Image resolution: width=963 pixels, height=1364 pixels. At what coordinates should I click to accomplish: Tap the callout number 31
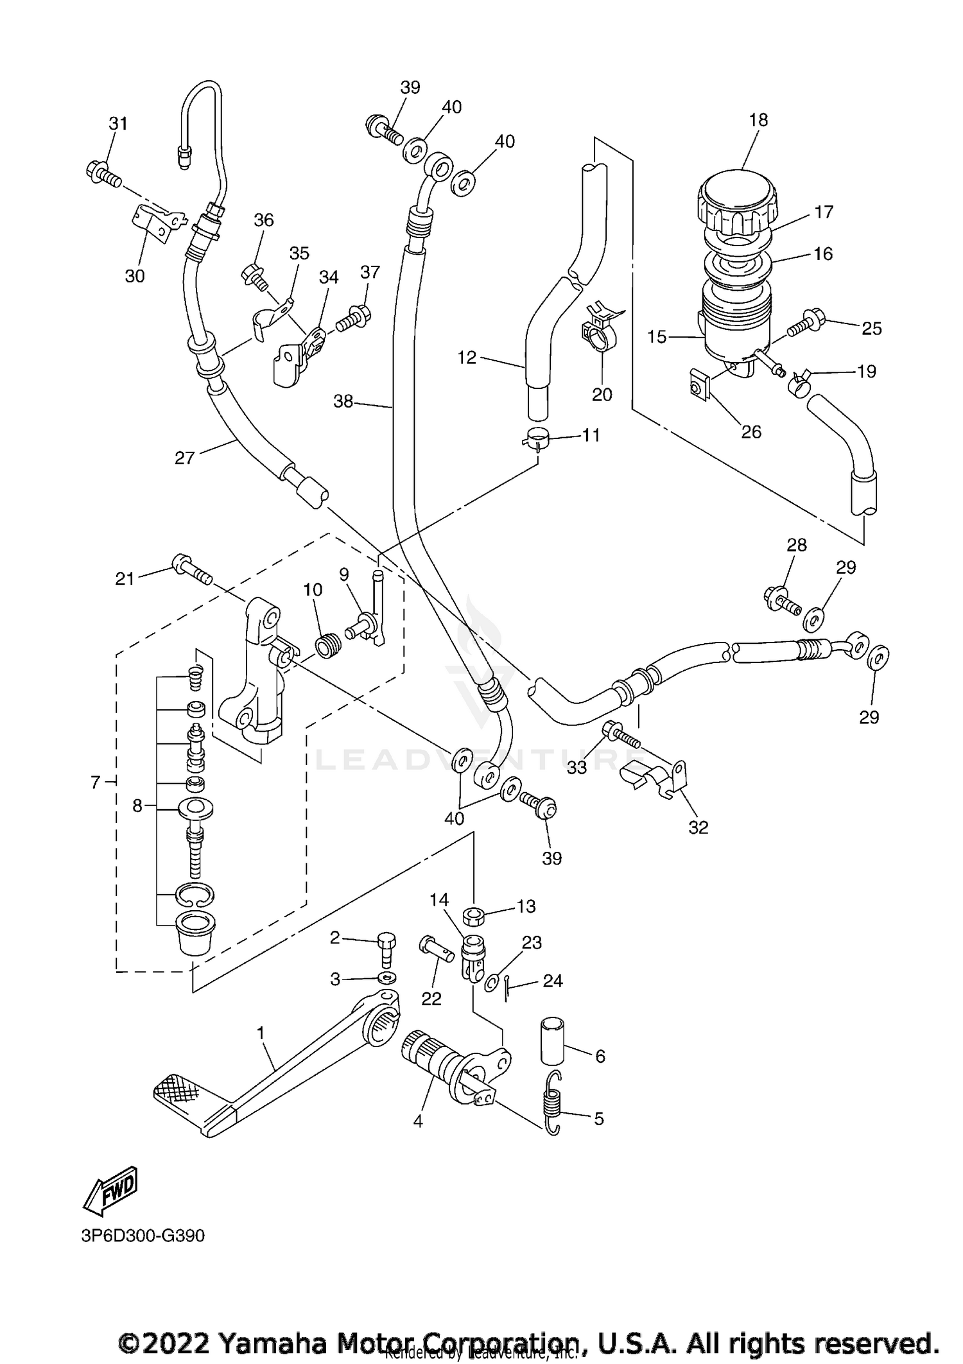coord(117,123)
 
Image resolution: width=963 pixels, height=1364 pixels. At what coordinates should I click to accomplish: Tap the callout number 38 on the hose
coord(343,402)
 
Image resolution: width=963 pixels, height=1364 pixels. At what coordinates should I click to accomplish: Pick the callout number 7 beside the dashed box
coord(96,782)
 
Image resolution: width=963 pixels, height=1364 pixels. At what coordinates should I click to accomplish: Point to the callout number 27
coord(184,458)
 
